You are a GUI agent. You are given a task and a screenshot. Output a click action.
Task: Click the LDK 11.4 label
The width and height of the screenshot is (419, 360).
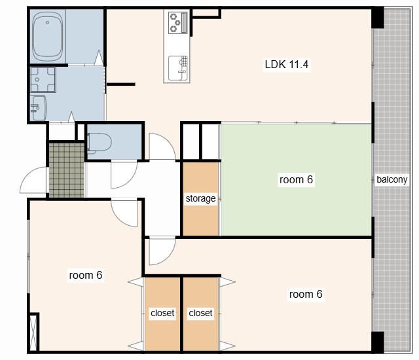pos(287,64)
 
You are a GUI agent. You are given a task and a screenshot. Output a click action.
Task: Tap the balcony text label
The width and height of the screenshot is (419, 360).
pos(392,179)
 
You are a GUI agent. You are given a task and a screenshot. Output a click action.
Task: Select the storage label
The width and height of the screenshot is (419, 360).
pos(200,198)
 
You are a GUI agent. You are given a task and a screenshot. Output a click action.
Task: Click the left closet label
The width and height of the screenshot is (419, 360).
pos(162,313)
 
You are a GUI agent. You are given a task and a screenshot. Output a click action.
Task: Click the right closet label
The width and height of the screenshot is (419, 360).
pos(200,313)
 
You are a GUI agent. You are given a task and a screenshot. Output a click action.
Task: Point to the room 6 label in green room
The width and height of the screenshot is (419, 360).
pos(296,179)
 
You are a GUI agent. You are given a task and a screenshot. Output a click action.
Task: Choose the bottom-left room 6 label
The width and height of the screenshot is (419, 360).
pos(86,275)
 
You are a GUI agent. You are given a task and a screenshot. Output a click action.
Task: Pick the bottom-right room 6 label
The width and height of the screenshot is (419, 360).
pos(306,294)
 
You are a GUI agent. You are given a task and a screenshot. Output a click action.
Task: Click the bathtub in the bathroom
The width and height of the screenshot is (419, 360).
pos(48,36)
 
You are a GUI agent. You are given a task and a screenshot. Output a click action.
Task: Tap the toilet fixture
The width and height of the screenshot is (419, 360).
pos(99,143)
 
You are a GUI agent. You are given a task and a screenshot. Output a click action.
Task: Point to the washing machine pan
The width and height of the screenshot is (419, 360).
pos(43,80)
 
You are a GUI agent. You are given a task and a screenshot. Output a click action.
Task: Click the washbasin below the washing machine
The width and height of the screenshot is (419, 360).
pos(38,108)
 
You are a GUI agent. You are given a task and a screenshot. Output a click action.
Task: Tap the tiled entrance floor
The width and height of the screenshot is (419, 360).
pos(67,170)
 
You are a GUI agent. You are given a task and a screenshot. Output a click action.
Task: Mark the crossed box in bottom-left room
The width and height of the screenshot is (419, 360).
pos(33,333)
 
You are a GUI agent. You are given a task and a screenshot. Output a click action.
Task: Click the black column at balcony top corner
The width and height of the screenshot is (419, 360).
pos(378,18)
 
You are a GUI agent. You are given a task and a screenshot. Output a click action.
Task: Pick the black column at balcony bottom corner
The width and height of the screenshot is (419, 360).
pos(378,342)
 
